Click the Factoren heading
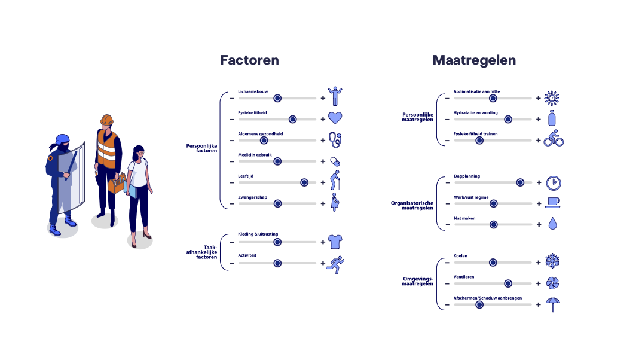[x=249, y=60]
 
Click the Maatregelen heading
[x=474, y=60]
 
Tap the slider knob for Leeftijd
[x=304, y=182]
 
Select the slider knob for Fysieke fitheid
[x=293, y=120]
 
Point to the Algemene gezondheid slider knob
[x=264, y=141]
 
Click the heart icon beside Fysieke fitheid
[x=335, y=118]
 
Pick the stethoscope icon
[x=335, y=140]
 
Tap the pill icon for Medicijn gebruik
[x=335, y=162]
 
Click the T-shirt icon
[x=335, y=242]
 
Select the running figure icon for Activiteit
[x=335, y=265]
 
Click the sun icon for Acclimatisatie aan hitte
[x=552, y=98]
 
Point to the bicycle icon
[x=554, y=138]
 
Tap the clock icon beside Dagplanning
[x=554, y=183]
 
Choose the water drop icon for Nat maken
[x=552, y=224]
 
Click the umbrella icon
[x=552, y=304]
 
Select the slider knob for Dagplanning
[x=520, y=182]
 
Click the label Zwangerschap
[x=253, y=197]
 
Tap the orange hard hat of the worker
[x=107, y=120]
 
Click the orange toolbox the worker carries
[x=117, y=184]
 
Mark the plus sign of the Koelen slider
[x=539, y=263]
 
